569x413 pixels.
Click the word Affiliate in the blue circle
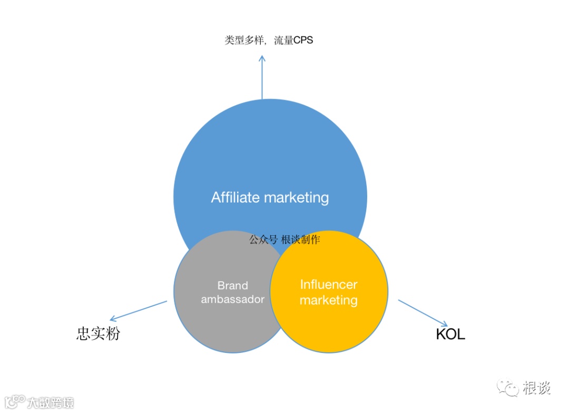(x=236, y=197)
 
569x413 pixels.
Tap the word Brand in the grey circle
(x=232, y=285)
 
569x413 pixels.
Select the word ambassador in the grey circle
(x=232, y=299)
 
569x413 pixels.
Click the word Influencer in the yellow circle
(x=328, y=284)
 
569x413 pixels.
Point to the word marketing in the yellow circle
(x=328, y=300)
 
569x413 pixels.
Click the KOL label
(x=450, y=334)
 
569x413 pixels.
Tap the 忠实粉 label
(x=98, y=334)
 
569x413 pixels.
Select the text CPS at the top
(x=303, y=40)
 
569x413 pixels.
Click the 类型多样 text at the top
(x=243, y=40)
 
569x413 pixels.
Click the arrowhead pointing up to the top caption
(x=262, y=58)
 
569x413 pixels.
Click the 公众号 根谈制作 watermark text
(x=284, y=239)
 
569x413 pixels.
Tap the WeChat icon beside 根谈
(x=508, y=389)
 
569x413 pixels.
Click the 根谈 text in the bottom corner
(x=537, y=389)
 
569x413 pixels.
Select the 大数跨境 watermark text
(x=51, y=402)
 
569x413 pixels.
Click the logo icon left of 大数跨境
(x=14, y=401)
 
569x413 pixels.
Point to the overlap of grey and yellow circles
(x=278, y=290)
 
